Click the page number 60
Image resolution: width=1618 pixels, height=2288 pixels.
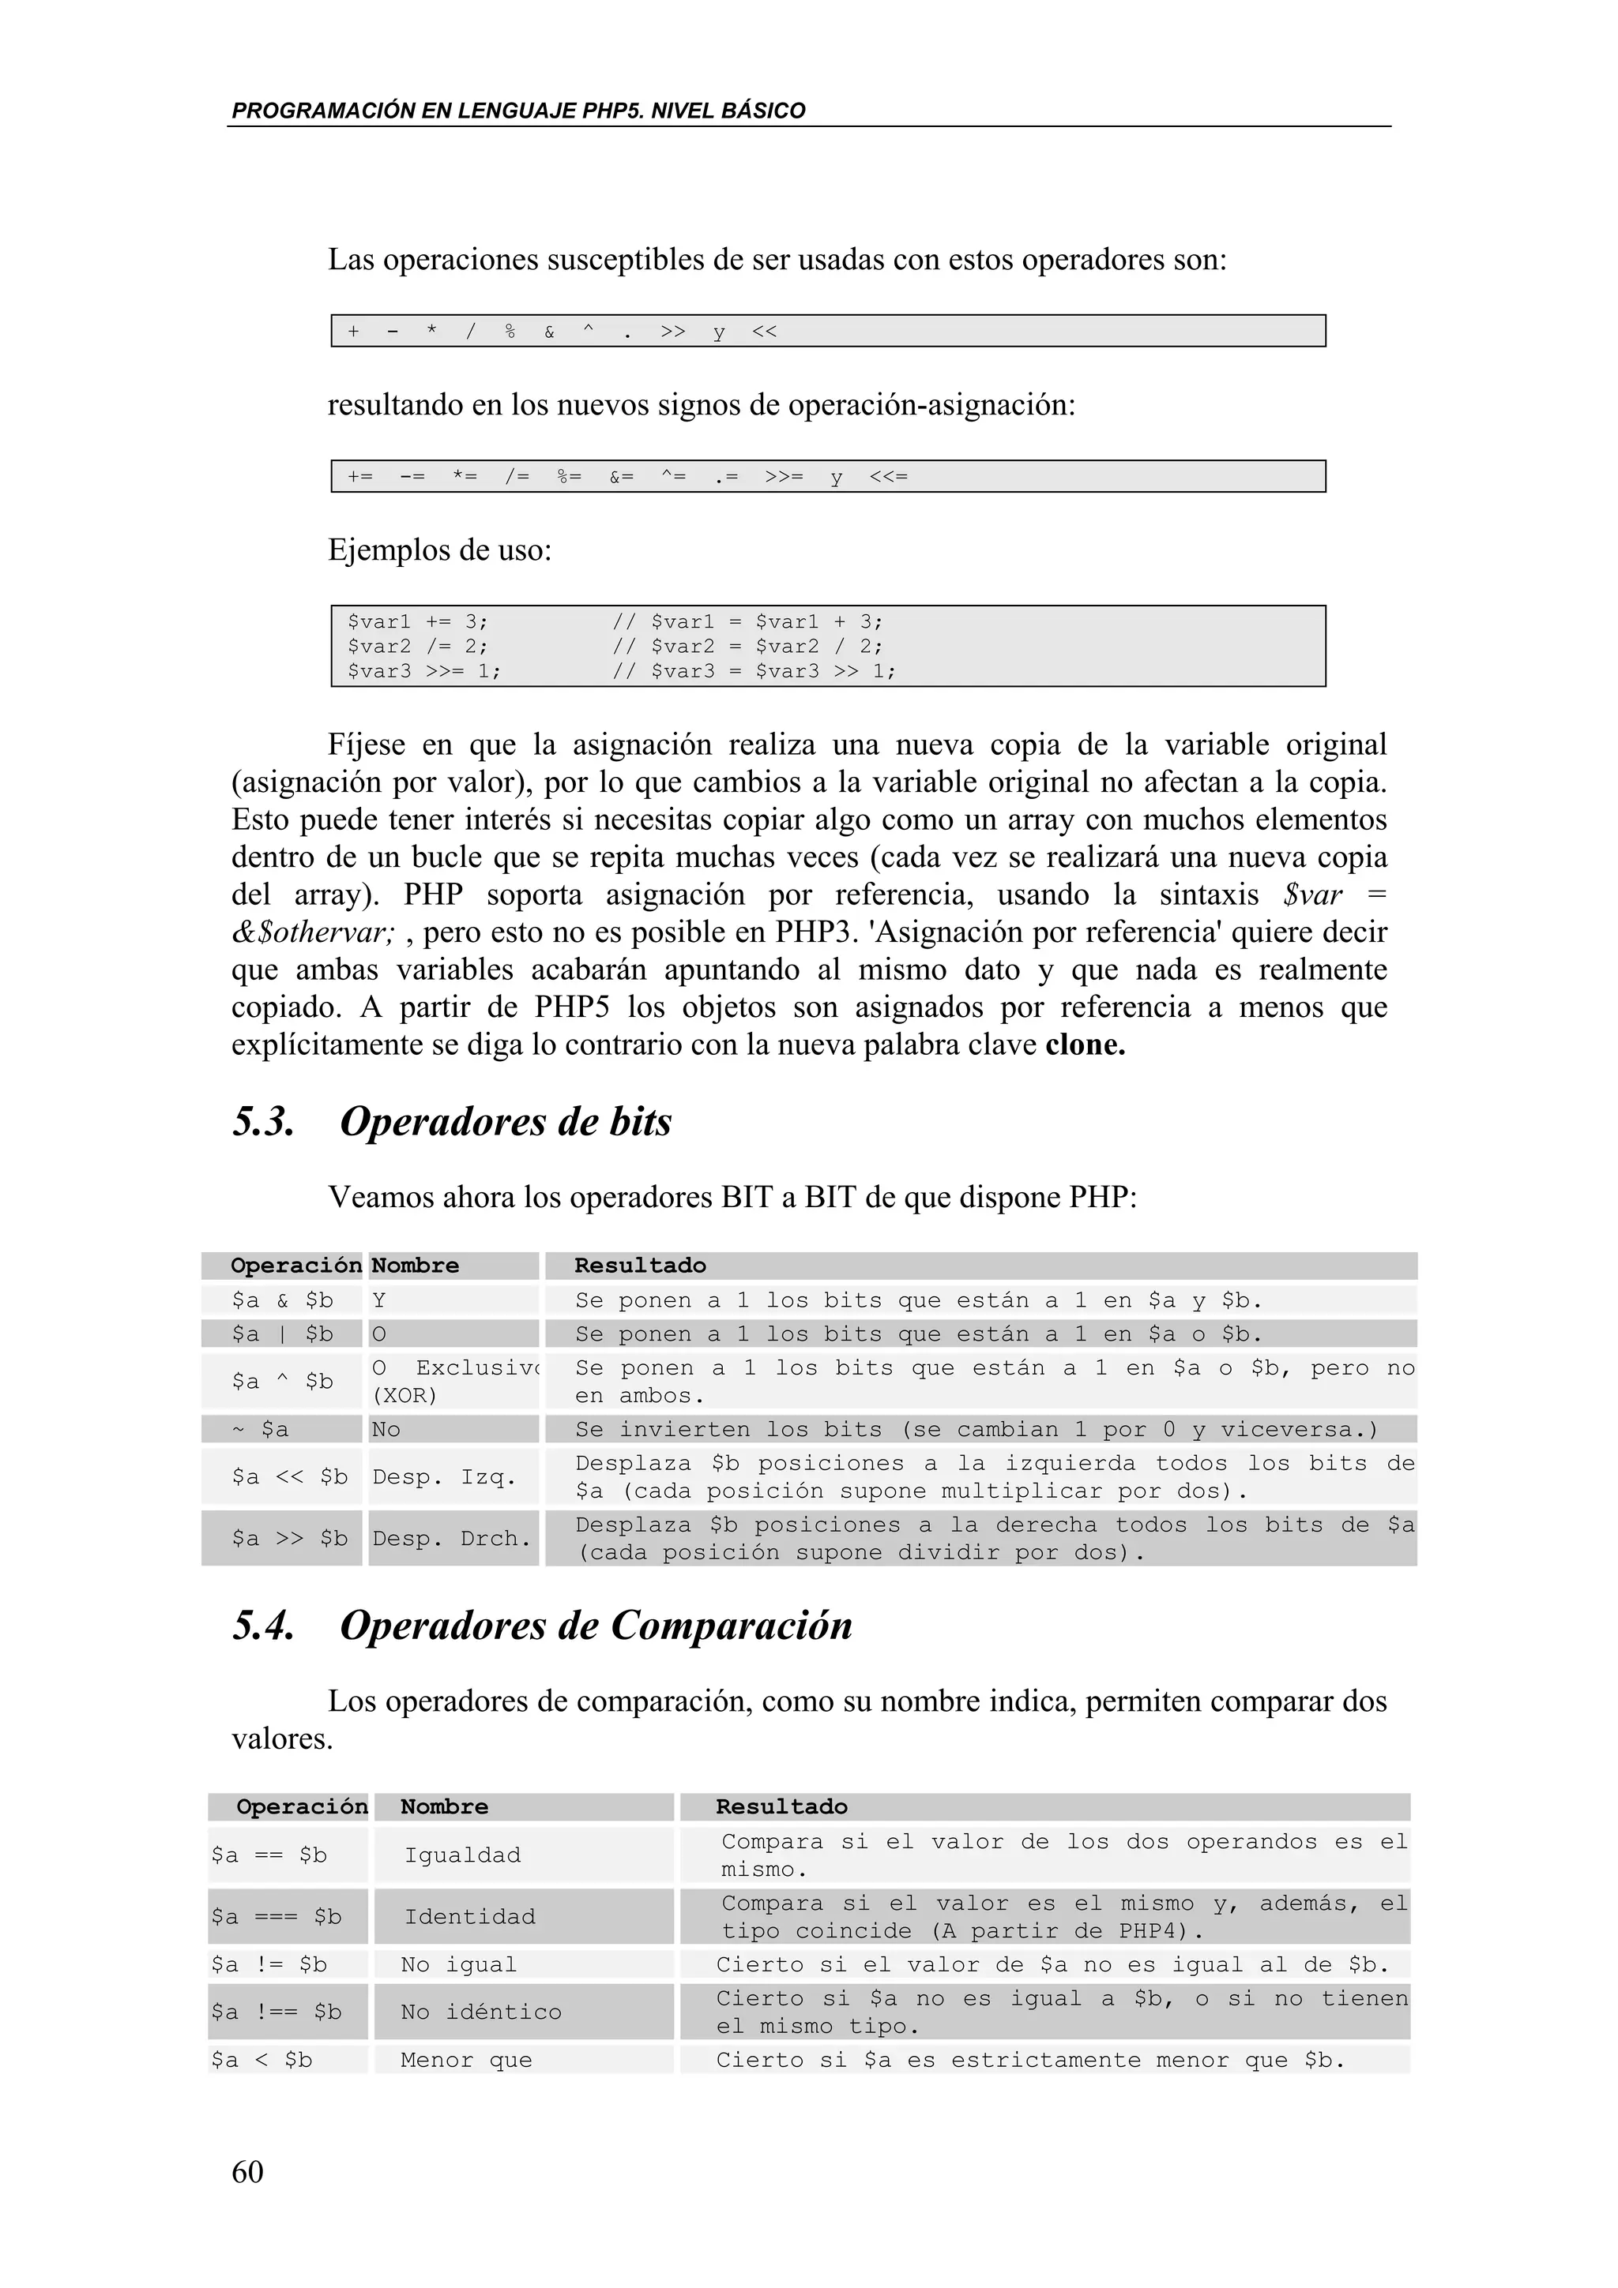click(247, 2170)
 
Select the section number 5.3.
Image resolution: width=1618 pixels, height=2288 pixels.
click(263, 1122)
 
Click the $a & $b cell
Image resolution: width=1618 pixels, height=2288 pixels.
click(282, 1300)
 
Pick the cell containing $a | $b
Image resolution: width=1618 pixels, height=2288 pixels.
click(282, 1334)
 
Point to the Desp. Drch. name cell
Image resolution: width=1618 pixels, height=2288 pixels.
click(452, 1539)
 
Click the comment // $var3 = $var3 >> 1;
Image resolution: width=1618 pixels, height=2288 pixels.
click(754, 670)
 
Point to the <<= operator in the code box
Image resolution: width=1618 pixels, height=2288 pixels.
click(887, 476)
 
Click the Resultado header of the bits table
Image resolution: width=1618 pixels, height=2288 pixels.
click(640, 1266)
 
